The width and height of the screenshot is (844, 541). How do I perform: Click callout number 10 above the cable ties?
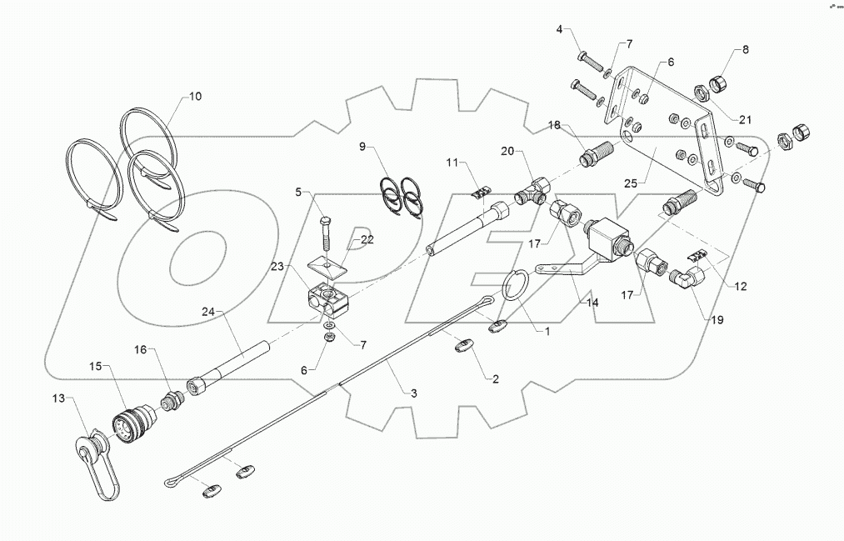[x=194, y=97]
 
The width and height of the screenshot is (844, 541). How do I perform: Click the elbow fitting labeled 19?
[x=687, y=278]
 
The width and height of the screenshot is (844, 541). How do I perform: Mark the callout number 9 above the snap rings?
[x=363, y=148]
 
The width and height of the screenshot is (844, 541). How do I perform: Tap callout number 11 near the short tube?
[x=451, y=163]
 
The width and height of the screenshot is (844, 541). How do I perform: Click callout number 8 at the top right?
[x=746, y=48]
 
